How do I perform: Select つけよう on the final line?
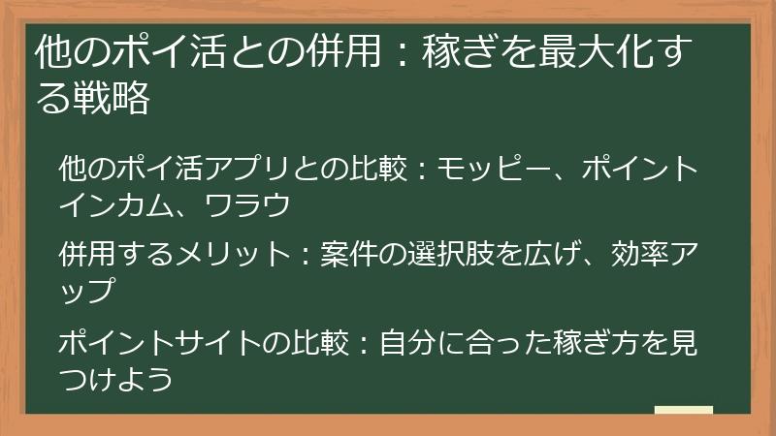[x=116, y=378]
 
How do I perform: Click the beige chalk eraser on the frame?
[x=683, y=411]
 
